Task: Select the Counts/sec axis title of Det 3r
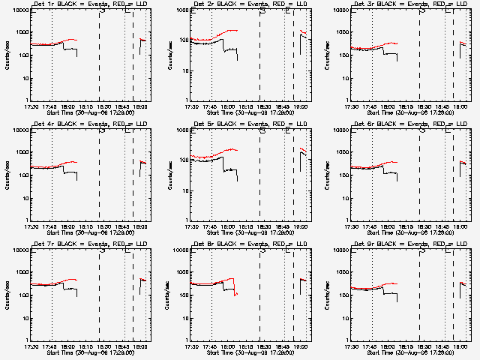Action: (x=327, y=55)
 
